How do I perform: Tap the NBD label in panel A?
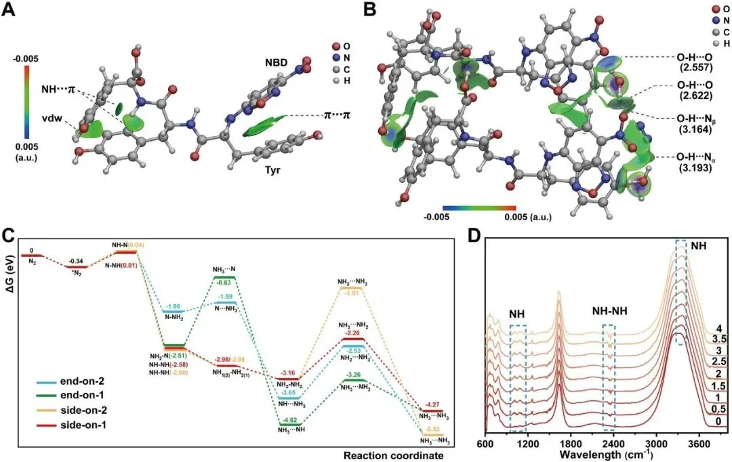pyautogui.click(x=275, y=63)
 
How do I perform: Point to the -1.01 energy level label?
pyautogui.click(x=352, y=293)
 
